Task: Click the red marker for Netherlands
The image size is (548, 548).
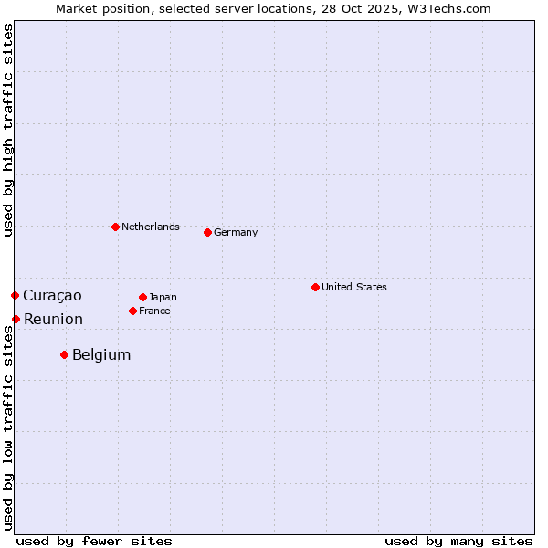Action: pyautogui.click(x=115, y=227)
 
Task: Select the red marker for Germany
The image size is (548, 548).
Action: pyautogui.click(x=207, y=232)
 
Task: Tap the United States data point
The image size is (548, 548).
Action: pyautogui.click(x=315, y=287)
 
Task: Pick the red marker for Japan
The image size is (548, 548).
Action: pyautogui.click(x=142, y=297)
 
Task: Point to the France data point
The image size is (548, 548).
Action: pyautogui.click(x=132, y=311)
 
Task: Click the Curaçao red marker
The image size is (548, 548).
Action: pyautogui.click(x=15, y=295)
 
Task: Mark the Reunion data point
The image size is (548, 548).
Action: pyautogui.click(x=16, y=319)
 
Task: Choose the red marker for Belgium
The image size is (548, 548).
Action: pyautogui.click(x=64, y=354)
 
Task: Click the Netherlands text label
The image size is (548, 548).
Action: pyautogui.click(x=151, y=227)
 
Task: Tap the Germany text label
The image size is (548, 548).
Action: pyautogui.click(x=236, y=232)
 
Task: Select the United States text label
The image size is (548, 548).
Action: pyautogui.click(x=354, y=287)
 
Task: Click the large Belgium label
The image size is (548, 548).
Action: pyautogui.click(x=101, y=354)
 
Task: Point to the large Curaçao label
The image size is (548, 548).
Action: pyautogui.click(x=52, y=295)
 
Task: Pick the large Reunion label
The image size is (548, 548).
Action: pyautogui.click(x=53, y=319)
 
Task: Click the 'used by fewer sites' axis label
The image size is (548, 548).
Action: pyautogui.click(x=94, y=541)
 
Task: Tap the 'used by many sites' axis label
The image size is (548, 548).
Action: pyautogui.click(x=458, y=541)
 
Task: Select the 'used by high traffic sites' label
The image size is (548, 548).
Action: pyautogui.click(x=8, y=130)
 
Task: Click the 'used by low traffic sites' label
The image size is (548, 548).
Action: pyautogui.click(x=8, y=429)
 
